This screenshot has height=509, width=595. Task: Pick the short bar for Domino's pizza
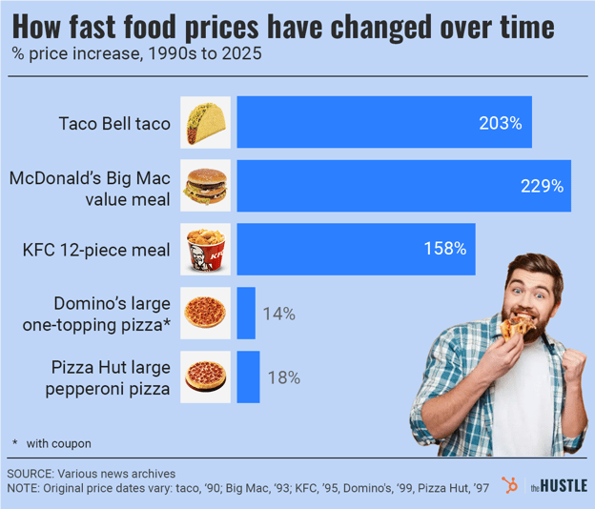(246, 313)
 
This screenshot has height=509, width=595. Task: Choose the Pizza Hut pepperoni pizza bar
(248, 377)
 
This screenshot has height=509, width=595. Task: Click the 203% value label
(501, 123)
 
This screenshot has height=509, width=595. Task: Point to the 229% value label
(541, 186)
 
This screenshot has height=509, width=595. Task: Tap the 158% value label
(444, 250)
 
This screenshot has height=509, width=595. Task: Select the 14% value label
(279, 314)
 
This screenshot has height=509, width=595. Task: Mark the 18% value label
(283, 377)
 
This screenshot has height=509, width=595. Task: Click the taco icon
(205, 122)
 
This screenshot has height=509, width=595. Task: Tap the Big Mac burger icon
(205, 186)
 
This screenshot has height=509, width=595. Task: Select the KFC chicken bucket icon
(205, 250)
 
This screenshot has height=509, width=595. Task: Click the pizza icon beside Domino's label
(205, 313)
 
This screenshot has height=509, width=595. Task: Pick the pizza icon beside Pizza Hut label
(205, 377)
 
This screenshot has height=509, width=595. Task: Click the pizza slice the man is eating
(516, 327)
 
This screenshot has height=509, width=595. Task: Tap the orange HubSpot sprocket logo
(511, 486)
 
